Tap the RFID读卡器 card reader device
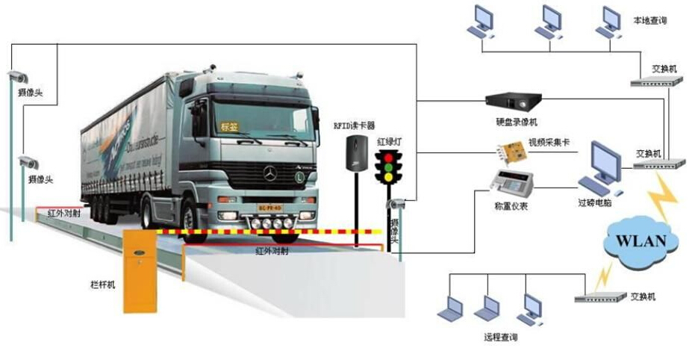(x=357, y=153)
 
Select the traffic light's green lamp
(x=387, y=177)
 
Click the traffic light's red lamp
(x=387, y=156)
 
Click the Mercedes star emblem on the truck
(x=269, y=173)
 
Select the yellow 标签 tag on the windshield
(x=229, y=128)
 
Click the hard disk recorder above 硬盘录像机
(x=512, y=99)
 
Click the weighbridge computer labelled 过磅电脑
(x=601, y=168)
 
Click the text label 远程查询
(x=500, y=338)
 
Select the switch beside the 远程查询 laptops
(x=599, y=297)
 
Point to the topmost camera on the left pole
(x=17, y=75)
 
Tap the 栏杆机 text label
(x=102, y=285)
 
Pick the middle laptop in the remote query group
(x=489, y=308)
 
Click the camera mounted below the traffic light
(x=396, y=203)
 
